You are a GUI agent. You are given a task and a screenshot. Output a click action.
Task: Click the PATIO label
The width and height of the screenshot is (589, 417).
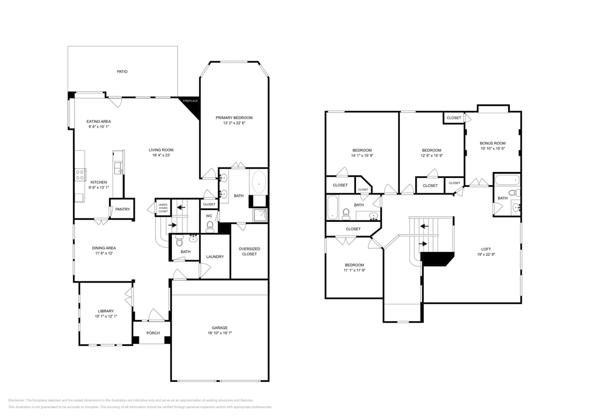[122, 72]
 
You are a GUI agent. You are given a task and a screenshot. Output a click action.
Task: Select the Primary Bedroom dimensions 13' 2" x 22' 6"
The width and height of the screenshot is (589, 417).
[234, 123]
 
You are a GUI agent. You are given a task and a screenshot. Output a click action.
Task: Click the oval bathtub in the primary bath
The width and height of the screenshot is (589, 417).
[259, 182]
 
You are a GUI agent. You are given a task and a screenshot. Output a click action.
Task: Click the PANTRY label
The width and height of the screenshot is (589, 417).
[122, 209]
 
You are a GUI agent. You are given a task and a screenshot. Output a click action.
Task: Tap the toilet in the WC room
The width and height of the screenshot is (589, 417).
[209, 227]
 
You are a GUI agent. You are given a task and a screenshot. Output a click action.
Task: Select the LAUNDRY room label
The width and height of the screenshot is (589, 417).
[215, 256]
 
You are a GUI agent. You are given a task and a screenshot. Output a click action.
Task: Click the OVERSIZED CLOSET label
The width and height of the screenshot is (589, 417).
[249, 251]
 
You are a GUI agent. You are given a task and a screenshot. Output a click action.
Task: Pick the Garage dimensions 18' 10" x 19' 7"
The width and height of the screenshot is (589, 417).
[220, 333]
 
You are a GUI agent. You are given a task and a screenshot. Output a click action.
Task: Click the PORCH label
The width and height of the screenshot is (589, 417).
[153, 333]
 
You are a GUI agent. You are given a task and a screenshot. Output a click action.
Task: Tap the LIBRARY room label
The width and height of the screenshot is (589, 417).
[106, 311]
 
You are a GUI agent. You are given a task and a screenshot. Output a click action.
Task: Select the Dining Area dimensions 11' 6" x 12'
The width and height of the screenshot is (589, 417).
[104, 253]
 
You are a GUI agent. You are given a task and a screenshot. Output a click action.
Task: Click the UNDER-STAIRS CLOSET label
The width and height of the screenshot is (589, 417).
[163, 207]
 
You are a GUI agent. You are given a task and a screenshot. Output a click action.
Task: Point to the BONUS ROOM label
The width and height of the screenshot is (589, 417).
[493, 143]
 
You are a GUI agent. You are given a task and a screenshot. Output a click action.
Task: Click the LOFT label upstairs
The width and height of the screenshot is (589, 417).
[486, 249]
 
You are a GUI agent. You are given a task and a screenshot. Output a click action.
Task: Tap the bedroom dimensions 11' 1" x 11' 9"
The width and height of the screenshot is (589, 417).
[354, 270]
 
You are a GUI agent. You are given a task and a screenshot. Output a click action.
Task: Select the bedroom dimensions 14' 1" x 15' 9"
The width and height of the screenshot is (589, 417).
[362, 156]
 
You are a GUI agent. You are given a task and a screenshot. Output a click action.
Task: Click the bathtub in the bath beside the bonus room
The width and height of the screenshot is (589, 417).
[507, 180]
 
